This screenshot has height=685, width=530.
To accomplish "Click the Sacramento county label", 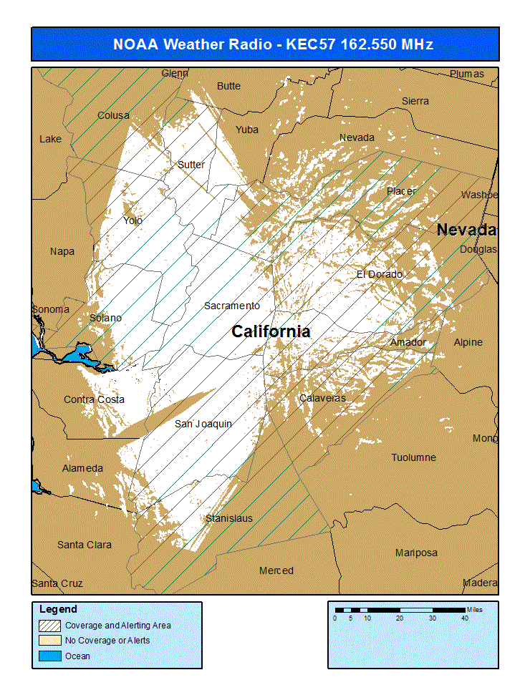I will click(231, 306).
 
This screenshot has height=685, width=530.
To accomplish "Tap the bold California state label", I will click(271, 331).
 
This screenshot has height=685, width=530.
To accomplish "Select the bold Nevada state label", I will click(466, 230).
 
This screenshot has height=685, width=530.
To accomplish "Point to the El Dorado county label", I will click(379, 274).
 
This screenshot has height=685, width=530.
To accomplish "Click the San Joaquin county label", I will click(203, 424).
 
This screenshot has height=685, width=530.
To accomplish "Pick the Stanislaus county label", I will click(228, 518).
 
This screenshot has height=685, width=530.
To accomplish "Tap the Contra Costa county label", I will click(94, 399).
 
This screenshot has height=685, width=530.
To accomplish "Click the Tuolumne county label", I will click(413, 457).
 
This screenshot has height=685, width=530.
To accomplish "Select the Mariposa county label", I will click(416, 553).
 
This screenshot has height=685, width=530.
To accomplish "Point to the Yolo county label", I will click(132, 220).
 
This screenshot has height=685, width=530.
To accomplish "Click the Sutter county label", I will click(191, 165).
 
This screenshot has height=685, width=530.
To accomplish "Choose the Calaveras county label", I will click(322, 398).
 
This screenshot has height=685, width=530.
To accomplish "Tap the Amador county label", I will click(408, 343).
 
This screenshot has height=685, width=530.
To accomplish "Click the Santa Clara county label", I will click(85, 545).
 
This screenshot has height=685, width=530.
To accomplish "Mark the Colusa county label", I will click(113, 115).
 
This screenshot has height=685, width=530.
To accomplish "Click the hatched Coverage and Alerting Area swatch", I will click(49, 625).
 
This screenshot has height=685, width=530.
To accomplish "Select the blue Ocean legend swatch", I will click(49, 656).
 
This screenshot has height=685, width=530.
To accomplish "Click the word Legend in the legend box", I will click(58, 609).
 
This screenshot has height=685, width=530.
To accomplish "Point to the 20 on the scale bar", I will click(400, 618).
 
